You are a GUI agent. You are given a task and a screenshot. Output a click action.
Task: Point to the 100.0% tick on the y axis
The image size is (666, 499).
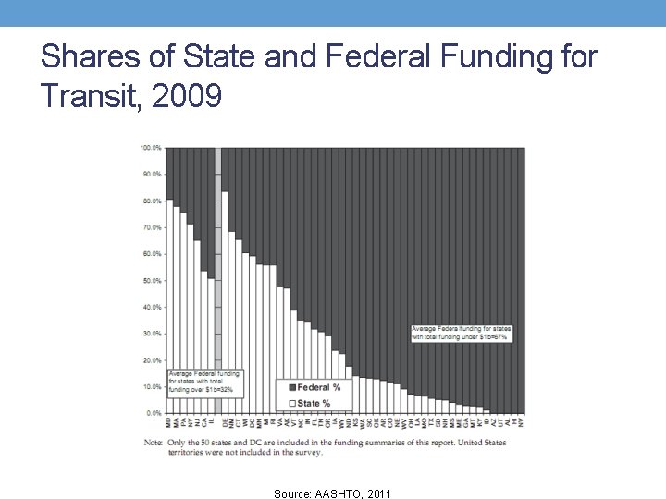151,148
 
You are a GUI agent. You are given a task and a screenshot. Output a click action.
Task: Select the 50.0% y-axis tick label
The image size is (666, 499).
152,280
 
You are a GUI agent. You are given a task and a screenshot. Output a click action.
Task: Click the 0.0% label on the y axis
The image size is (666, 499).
153,413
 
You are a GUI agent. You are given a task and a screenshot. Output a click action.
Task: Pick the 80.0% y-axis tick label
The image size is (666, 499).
152,201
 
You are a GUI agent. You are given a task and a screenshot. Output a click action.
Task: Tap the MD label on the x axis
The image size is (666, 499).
169,422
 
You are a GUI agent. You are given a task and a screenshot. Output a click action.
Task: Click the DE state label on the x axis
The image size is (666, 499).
225,422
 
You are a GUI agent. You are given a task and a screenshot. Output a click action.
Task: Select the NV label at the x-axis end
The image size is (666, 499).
520,422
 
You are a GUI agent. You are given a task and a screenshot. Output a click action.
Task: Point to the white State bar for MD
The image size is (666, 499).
169,305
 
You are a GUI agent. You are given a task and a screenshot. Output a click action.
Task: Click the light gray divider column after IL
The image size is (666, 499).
218,277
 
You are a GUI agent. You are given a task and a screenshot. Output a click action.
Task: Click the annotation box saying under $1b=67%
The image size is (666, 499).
462,333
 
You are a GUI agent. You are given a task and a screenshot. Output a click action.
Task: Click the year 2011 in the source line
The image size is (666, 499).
379,494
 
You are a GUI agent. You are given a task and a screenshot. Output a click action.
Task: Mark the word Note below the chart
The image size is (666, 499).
154,442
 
